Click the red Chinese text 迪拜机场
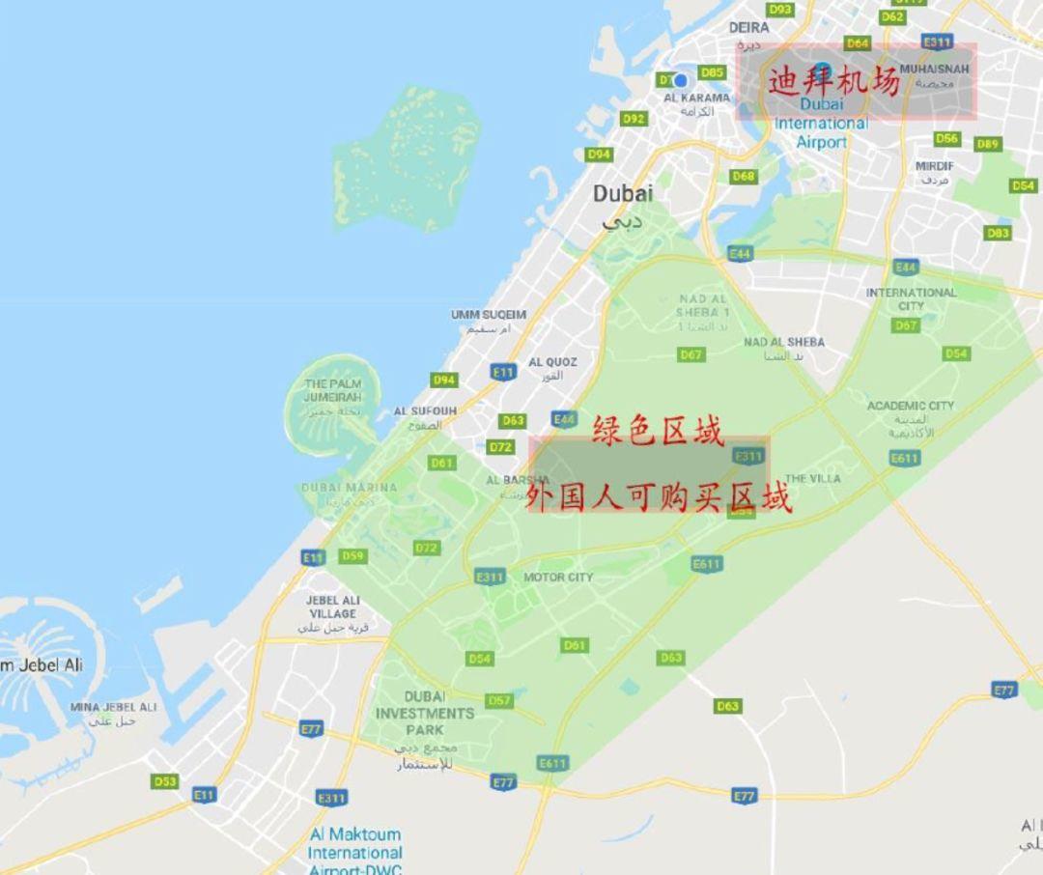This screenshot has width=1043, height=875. (x=833, y=81)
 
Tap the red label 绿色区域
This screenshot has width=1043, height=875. (x=658, y=431)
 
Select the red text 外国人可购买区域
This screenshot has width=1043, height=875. (x=658, y=498)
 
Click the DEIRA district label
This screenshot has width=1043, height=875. (x=748, y=28)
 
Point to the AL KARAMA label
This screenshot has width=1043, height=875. (x=697, y=98)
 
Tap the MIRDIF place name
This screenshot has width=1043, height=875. (x=934, y=166)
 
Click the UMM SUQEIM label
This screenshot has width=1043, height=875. (x=489, y=315)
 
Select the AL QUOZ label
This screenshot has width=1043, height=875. (x=552, y=362)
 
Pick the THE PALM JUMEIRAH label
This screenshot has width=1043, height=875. (x=332, y=390)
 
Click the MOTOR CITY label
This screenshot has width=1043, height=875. (x=558, y=578)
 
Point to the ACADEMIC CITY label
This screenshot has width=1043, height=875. (x=910, y=406)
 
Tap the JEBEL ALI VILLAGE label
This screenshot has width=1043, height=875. (x=332, y=607)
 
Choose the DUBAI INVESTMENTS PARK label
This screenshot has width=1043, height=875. (x=425, y=713)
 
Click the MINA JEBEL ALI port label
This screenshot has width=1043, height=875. (x=113, y=708)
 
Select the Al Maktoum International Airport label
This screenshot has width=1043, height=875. (x=354, y=851)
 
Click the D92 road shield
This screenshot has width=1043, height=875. (x=634, y=119)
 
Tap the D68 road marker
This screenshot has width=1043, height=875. (x=743, y=177)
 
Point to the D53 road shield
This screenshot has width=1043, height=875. (x=165, y=781)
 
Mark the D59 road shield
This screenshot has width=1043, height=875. (x=352, y=556)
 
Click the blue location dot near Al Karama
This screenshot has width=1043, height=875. (x=682, y=80)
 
